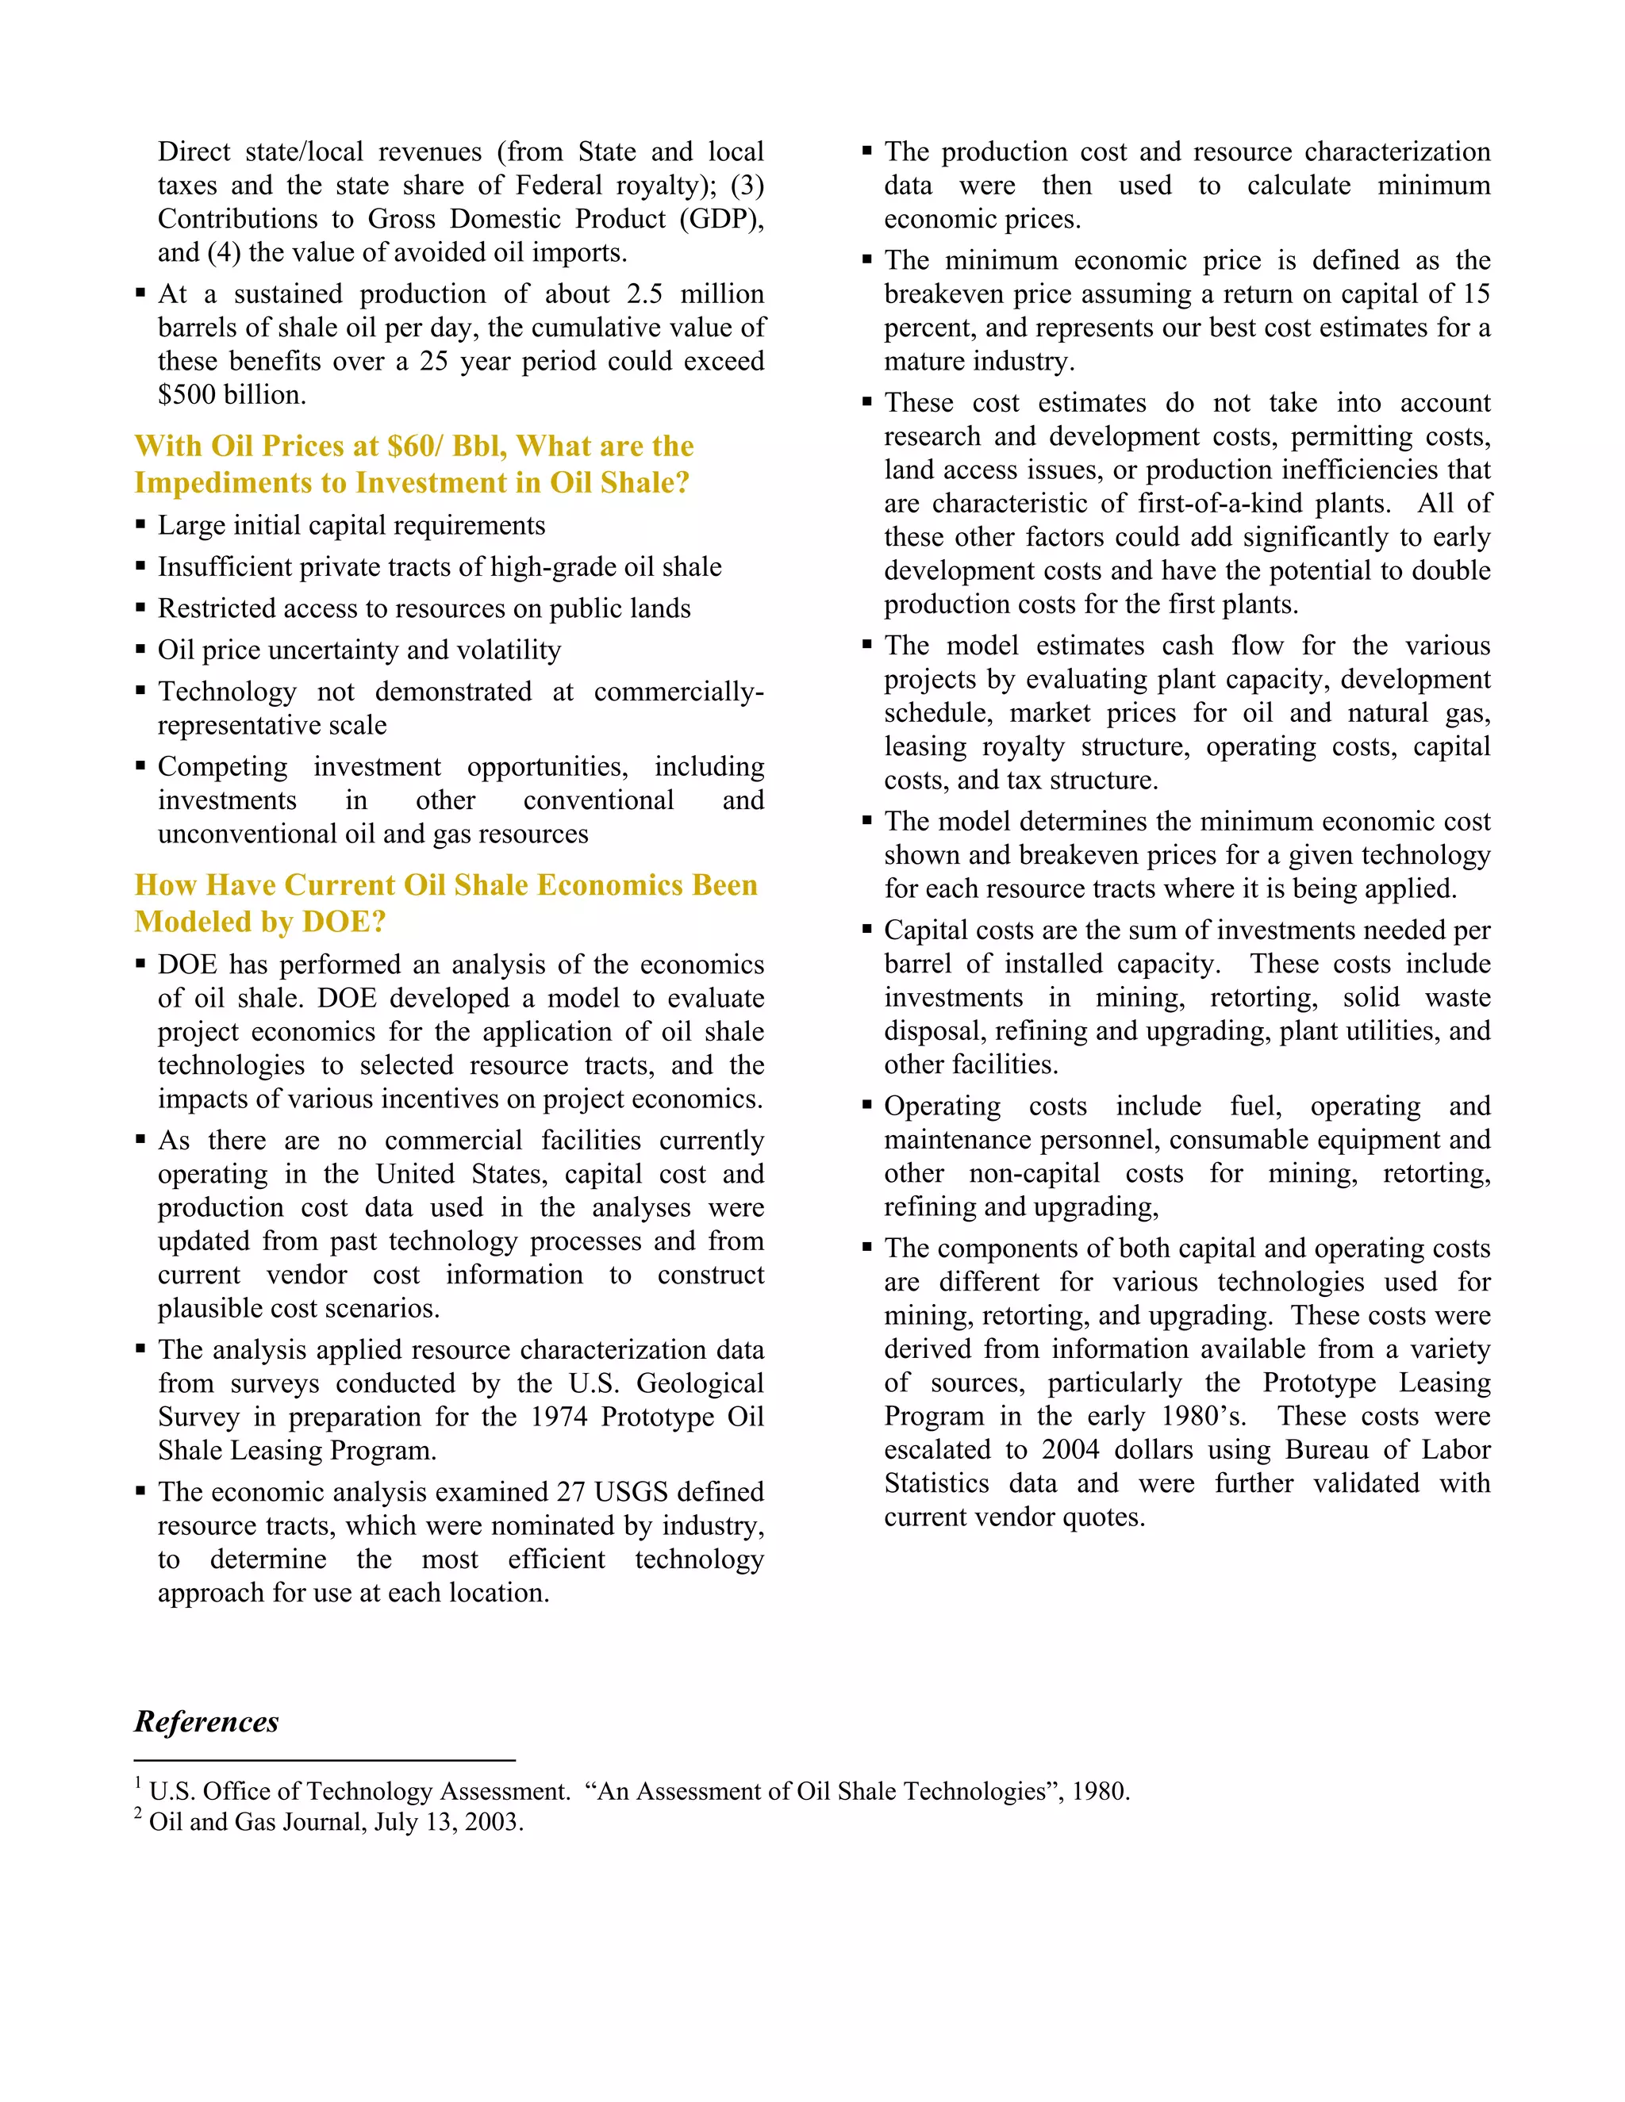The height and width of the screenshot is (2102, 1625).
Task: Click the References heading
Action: coord(206,1722)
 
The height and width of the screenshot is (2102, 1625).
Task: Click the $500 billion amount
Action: coord(231,394)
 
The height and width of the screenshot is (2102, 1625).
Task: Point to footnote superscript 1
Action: coord(139,1782)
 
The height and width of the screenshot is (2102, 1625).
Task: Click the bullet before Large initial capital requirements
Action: coord(140,524)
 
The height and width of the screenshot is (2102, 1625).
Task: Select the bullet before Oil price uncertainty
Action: coord(140,649)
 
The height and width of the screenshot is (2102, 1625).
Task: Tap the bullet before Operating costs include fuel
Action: coord(867,1105)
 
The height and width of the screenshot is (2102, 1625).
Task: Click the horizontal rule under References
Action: coord(325,1760)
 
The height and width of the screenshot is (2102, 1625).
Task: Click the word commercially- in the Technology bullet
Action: coord(678,692)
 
